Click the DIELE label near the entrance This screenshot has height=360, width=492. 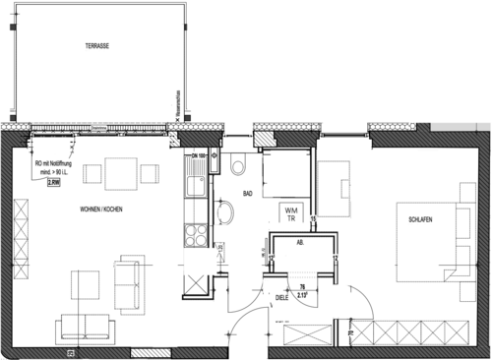(282, 291)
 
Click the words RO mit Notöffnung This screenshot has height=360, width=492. (53, 165)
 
